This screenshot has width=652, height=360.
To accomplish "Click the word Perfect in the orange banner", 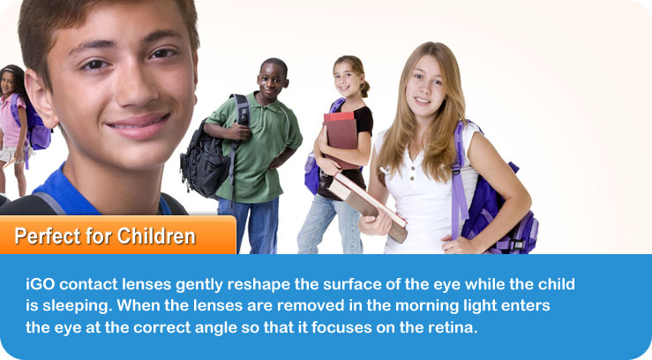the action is [47, 236].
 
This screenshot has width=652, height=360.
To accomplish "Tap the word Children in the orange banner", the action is [156, 236].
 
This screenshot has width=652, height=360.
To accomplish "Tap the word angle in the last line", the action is [216, 328].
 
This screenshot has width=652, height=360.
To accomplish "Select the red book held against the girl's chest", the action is [341, 139].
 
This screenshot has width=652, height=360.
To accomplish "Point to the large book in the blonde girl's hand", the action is [369, 206].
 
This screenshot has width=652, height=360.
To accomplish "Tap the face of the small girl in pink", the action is [7, 83].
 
